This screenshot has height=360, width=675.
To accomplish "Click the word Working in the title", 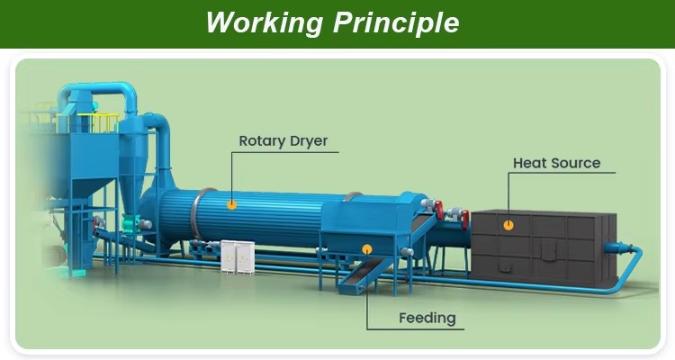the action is click(265, 22).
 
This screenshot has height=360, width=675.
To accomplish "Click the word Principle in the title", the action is click(396, 22).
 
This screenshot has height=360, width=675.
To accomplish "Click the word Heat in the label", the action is click(528, 163).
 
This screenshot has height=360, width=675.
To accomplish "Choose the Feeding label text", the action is click(427, 319).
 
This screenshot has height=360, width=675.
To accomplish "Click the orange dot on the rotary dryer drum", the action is click(231, 204).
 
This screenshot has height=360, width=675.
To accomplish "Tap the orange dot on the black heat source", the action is click(508, 225).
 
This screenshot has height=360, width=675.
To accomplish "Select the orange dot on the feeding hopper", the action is click(367, 249).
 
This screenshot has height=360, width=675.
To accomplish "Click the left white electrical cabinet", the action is click(229, 256).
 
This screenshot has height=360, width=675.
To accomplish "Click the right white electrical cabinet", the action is click(245, 257).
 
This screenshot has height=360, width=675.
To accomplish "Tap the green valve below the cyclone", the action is click(130, 222).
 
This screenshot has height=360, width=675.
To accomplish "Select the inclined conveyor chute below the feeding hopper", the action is click(364, 276).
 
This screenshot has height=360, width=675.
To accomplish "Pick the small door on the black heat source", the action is click(547, 250).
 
